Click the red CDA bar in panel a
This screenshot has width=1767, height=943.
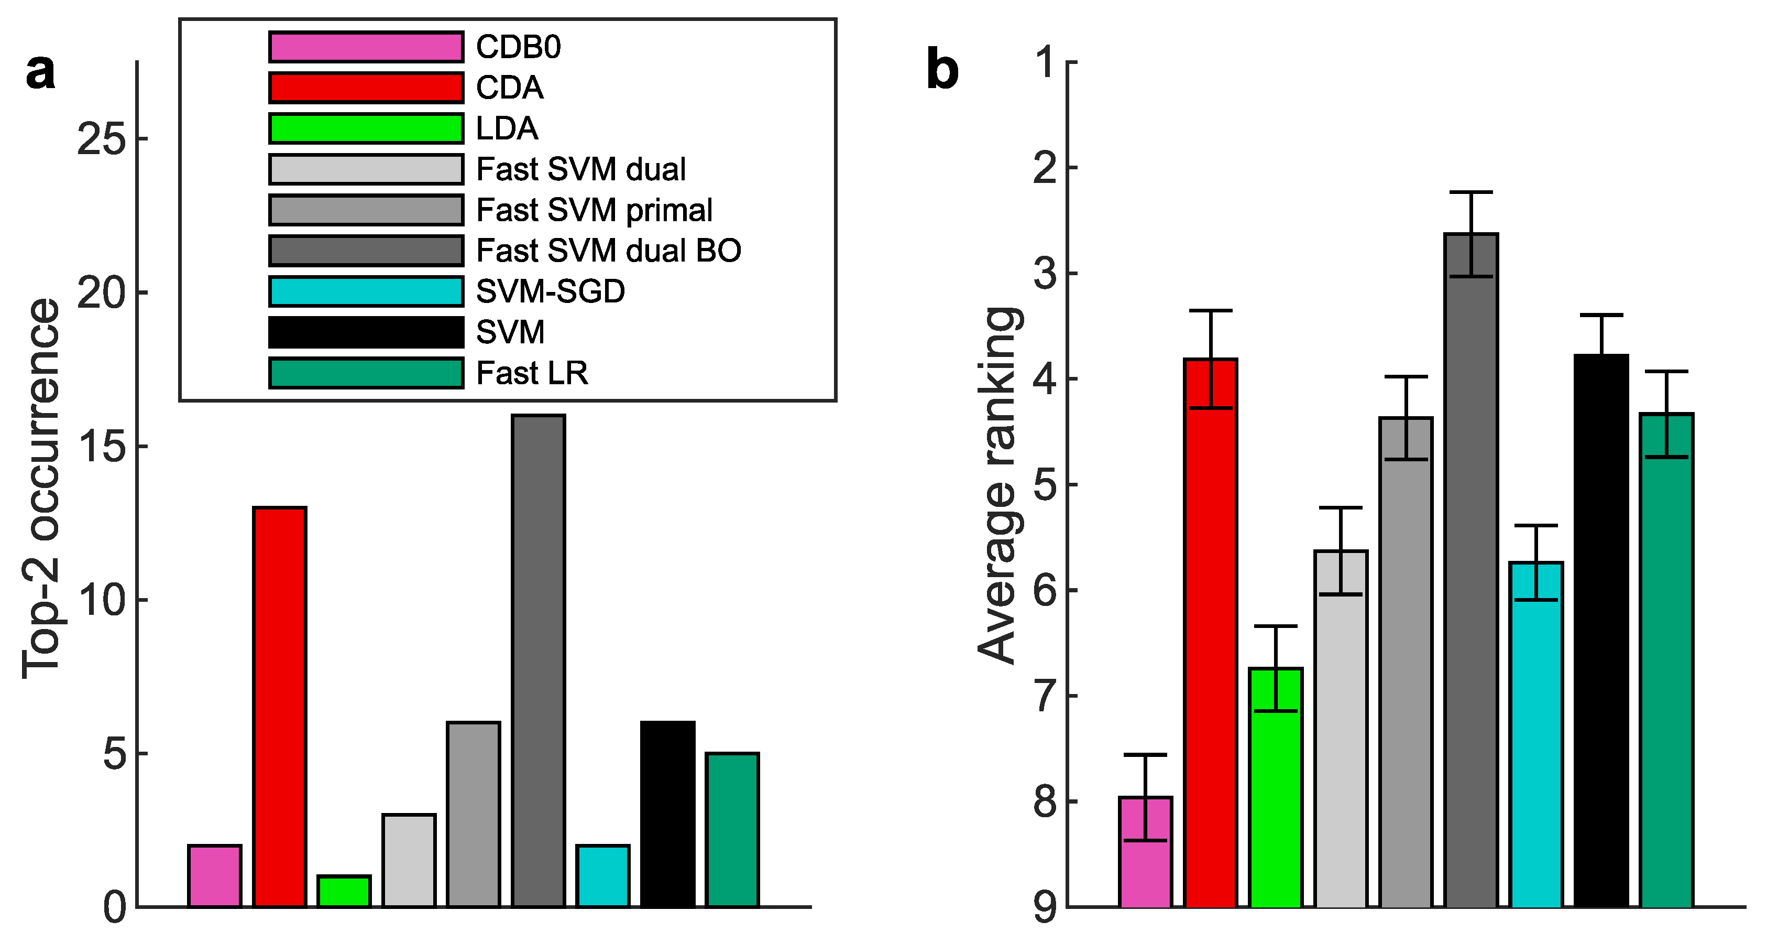tap(279, 707)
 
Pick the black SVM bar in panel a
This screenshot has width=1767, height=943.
tap(667, 814)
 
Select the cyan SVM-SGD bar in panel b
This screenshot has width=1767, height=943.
tap(1536, 734)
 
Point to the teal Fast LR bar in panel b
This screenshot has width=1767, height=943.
tap(1666, 659)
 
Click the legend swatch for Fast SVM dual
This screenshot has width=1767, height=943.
tap(366, 169)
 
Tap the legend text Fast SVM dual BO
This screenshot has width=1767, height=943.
tap(608, 251)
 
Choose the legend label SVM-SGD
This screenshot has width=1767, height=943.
tap(550, 291)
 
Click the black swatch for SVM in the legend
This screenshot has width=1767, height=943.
tap(366, 332)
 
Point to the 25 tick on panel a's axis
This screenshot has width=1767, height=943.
tap(102, 138)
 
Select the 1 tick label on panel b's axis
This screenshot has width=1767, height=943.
tap(1046, 62)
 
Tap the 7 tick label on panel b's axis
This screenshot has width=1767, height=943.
tap(1046, 696)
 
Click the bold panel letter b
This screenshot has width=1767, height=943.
tap(942, 70)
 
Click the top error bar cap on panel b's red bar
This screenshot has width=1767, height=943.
tap(1211, 311)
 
